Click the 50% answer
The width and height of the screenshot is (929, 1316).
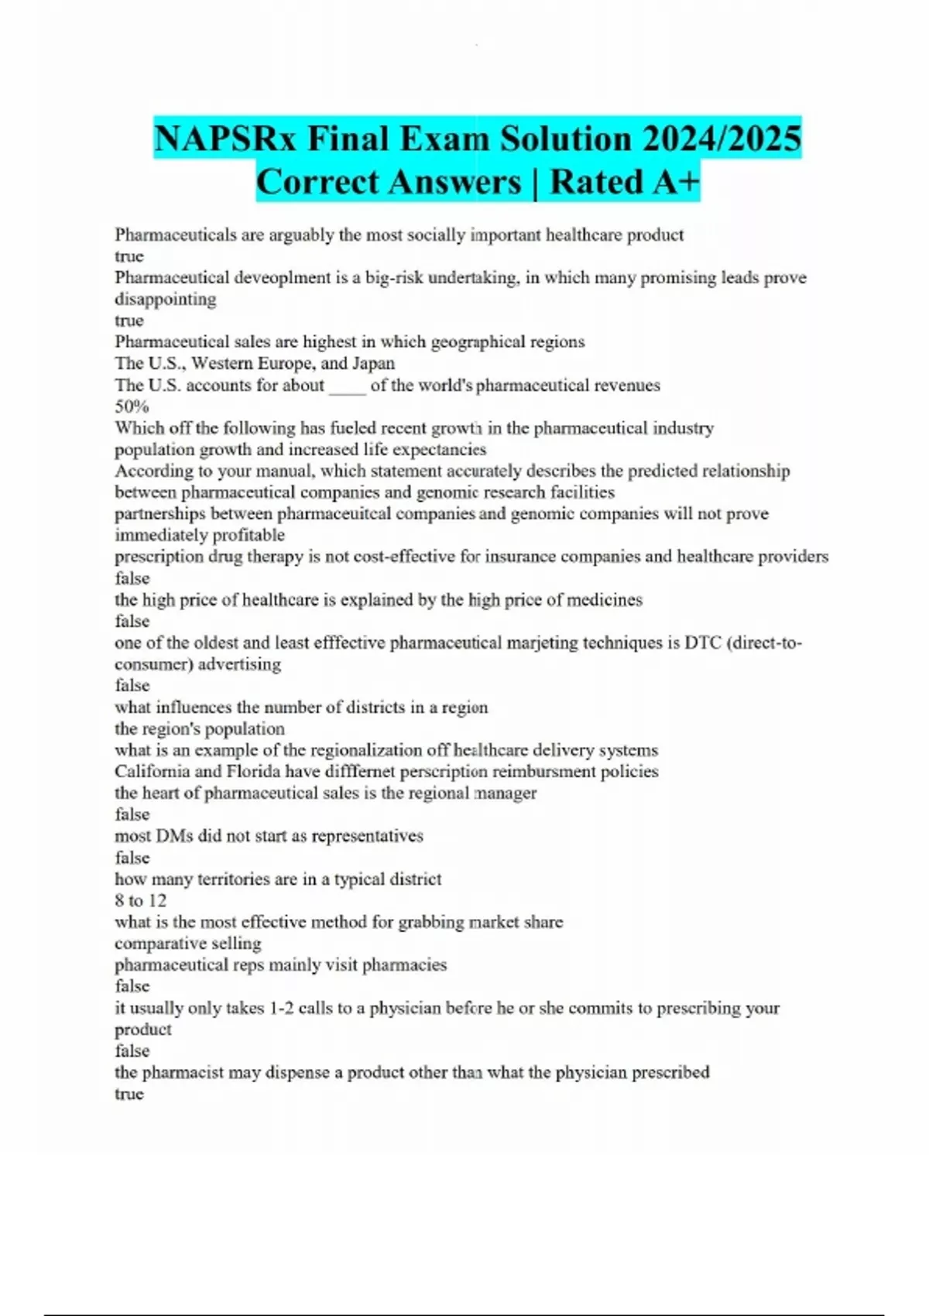pyautogui.click(x=132, y=406)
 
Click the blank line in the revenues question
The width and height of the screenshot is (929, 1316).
pyautogui.click(x=347, y=386)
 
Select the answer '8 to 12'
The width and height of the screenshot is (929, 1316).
pyautogui.click(x=140, y=900)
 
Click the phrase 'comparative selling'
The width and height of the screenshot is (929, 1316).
pyautogui.click(x=187, y=944)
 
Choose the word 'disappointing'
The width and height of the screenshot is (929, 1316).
pyautogui.click(x=165, y=299)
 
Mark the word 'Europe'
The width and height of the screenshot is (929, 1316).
pyautogui.click(x=283, y=363)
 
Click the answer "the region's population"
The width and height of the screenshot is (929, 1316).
pyautogui.click(x=199, y=728)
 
